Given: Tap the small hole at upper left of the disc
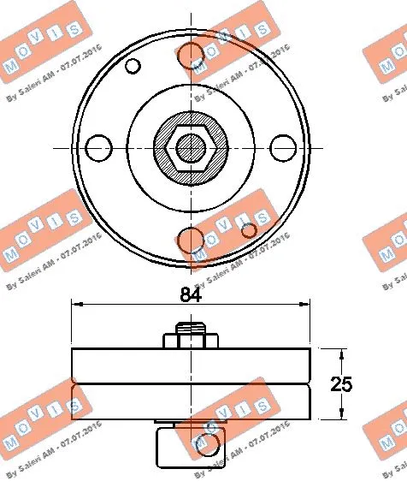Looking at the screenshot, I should [x=133, y=66].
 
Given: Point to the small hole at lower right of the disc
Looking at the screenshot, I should [x=249, y=229].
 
